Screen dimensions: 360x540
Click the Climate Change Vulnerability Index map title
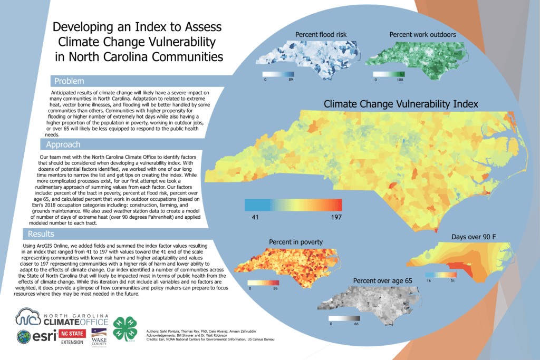tap(400, 104)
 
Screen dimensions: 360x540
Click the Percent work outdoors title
tap(422, 35)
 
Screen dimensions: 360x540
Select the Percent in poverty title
tap(295, 242)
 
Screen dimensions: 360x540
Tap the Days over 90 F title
tap(474, 237)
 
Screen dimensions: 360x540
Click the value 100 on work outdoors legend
tap(400, 80)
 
